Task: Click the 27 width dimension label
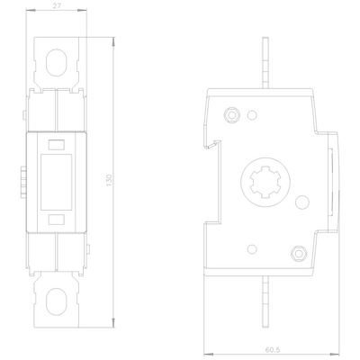pos(57,5)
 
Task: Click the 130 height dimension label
pos(109,180)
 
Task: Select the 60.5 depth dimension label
pos(273,350)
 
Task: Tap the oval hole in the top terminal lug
pos(56,62)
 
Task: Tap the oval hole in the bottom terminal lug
pos(56,301)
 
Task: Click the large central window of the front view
pos(56,182)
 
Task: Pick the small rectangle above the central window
pos(57,145)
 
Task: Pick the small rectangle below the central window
pos(57,220)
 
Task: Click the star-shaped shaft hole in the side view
pos(265,182)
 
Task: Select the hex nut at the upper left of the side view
pos(231,114)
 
